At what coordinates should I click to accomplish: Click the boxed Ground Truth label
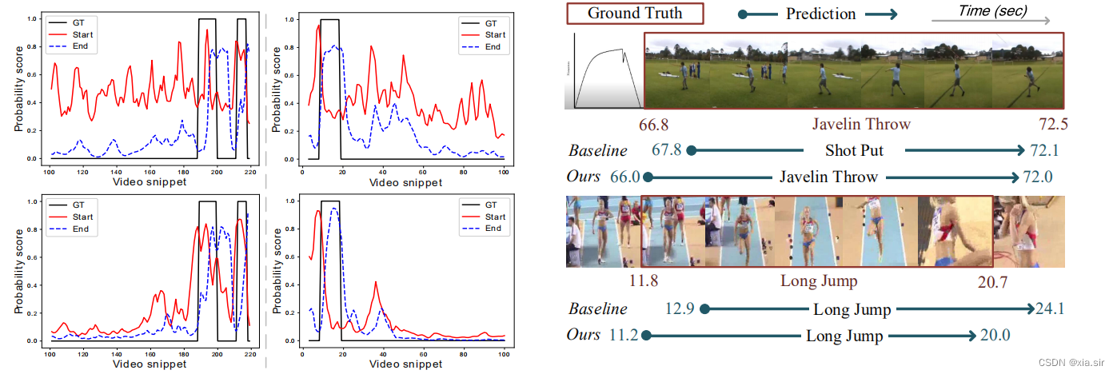pyautogui.click(x=635, y=14)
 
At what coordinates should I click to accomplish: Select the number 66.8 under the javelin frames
pyautogui.click(x=653, y=125)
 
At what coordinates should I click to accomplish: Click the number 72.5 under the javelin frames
pyautogui.click(x=1052, y=125)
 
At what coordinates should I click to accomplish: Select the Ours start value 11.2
pyautogui.click(x=624, y=336)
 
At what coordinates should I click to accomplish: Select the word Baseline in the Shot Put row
pyautogui.click(x=597, y=150)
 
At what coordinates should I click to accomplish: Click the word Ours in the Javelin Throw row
pyautogui.click(x=584, y=177)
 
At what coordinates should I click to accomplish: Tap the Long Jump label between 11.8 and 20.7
pyautogui.click(x=818, y=281)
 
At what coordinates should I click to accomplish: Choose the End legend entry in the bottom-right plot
pyautogui.click(x=493, y=229)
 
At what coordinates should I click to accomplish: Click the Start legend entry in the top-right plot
pyautogui.click(x=495, y=34)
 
